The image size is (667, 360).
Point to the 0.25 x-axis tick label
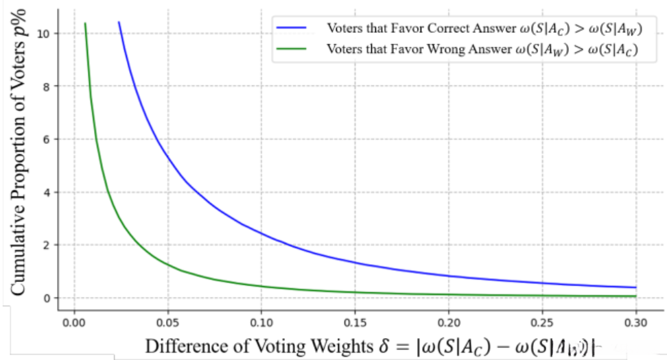(542, 321)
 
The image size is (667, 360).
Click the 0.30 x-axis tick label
(636, 321)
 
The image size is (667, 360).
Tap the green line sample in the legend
(294, 49)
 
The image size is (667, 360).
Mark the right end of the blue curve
(636, 287)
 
